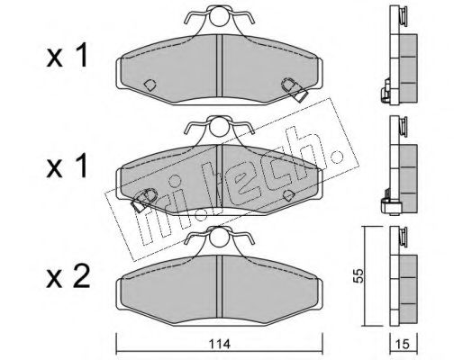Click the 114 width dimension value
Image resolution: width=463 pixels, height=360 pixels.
(221, 344)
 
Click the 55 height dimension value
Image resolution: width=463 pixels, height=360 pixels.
(359, 275)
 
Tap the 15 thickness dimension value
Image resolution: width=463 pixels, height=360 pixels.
(403, 345)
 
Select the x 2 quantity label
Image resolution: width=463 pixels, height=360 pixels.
(68, 277)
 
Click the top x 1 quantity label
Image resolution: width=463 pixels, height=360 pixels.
(67, 56)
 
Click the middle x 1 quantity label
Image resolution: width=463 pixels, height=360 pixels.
(67, 166)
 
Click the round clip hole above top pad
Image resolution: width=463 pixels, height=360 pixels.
(219, 17)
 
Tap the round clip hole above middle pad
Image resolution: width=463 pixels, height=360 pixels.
(219, 127)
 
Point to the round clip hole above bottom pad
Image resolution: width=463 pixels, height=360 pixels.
(219, 237)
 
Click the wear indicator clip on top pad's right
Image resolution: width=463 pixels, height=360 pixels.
(295, 90)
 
